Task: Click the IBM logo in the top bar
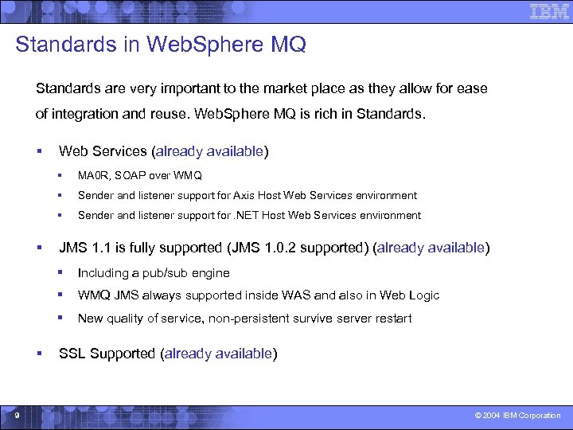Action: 549,11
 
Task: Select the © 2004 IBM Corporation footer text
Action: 517,416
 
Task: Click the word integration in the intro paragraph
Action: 85,114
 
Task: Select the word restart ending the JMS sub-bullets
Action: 393,319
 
